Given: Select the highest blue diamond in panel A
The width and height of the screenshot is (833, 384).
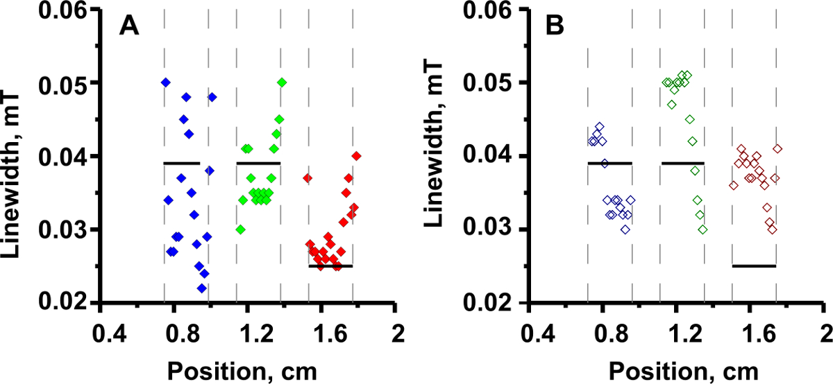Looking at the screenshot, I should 166,82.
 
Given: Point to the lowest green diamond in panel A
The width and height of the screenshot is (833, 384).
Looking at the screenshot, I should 240,229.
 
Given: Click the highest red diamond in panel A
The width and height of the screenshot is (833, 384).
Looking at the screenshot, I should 357,156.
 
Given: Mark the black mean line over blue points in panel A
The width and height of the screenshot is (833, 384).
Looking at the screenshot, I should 182,163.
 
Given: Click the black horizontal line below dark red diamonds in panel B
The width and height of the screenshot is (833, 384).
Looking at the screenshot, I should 754,265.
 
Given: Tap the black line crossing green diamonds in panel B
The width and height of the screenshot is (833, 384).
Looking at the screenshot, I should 683,163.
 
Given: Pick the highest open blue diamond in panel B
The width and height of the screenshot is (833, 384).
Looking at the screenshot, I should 600,127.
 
